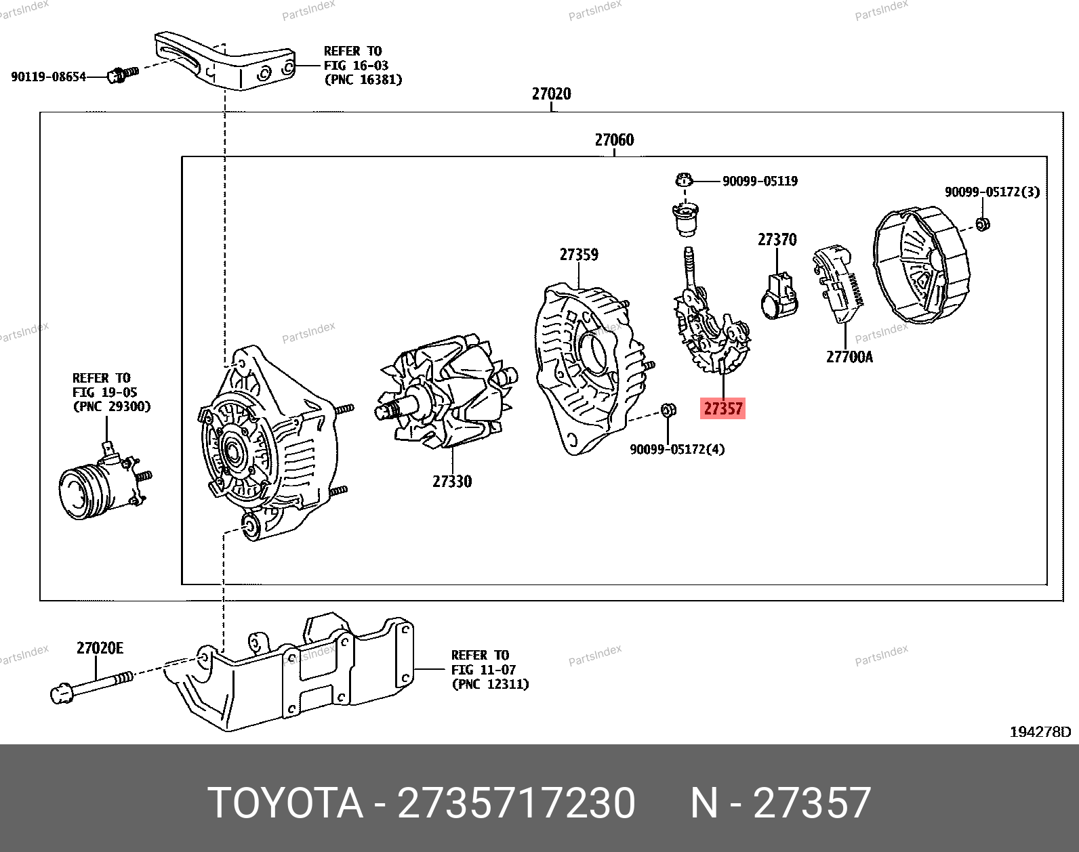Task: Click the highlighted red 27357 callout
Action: point(722,408)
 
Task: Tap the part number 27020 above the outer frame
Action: point(552,93)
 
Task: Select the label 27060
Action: point(614,140)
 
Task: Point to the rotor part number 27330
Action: point(452,482)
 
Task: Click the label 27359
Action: point(579,255)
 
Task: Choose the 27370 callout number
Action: point(777,240)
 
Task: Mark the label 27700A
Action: point(849,357)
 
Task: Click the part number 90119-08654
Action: point(49,77)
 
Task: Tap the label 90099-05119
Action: point(760,181)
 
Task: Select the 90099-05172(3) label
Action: point(992,192)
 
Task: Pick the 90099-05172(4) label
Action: point(677,449)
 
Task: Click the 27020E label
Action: point(100,648)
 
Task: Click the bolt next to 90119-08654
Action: point(123,74)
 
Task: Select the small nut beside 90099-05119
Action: point(685,180)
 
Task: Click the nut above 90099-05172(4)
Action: point(668,410)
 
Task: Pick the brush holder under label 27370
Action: point(779,296)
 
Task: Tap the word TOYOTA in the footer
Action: point(285,803)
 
